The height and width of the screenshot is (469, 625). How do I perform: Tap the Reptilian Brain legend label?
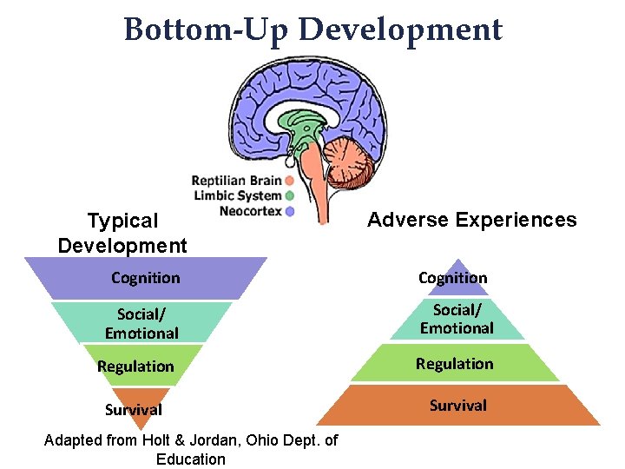click(x=235, y=182)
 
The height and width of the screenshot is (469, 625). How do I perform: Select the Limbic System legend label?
click(x=237, y=196)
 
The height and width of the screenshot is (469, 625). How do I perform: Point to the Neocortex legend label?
click(x=250, y=211)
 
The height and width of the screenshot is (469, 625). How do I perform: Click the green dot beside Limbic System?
click(x=289, y=196)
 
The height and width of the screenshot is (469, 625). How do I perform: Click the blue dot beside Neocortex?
click(x=289, y=211)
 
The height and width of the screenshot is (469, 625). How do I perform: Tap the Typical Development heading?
click(x=122, y=234)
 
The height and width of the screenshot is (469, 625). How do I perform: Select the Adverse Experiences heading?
click(x=471, y=220)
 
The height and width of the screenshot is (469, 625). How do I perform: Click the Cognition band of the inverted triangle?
click(x=146, y=278)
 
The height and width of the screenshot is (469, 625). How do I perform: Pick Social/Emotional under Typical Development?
click(x=141, y=322)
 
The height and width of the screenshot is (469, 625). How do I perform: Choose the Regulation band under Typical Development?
click(x=136, y=367)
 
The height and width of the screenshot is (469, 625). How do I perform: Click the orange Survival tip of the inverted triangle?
click(x=134, y=409)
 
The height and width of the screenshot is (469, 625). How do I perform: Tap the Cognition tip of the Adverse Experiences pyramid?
click(x=453, y=278)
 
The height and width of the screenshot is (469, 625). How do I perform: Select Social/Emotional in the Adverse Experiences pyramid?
click(x=457, y=319)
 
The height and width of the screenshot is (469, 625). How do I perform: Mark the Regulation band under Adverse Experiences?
click(x=454, y=364)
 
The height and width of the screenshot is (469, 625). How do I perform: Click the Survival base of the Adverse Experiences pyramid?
click(x=457, y=405)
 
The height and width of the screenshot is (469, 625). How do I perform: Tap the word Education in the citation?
click(x=190, y=459)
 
